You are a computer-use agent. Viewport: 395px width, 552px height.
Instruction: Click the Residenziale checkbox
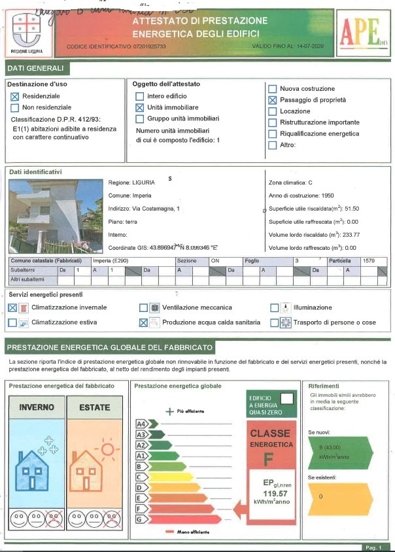pos(15,96)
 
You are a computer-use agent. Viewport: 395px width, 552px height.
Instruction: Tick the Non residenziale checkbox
pos(15,107)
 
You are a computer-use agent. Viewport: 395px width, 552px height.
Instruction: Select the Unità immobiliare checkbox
pos(139,107)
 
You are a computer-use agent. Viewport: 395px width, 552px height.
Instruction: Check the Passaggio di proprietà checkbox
pos(273,100)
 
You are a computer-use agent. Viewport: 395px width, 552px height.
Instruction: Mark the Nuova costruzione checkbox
pos(273,89)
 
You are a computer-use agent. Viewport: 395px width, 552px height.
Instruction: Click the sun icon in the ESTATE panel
pos(107,451)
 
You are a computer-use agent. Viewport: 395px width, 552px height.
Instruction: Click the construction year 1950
pos(324,196)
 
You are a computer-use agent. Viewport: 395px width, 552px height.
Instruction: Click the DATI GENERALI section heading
pos(36,68)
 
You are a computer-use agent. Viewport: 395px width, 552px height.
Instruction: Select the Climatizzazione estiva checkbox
pos(12,322)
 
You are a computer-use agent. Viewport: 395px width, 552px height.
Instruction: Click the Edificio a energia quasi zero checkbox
pos(285,398)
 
